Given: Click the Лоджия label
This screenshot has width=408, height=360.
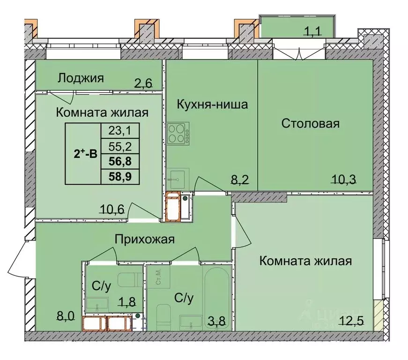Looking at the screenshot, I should click(x=80, y=78).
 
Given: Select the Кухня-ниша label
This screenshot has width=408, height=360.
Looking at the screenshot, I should click(x=212, y=104).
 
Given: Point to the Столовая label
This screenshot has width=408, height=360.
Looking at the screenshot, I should click(x=310, y=124).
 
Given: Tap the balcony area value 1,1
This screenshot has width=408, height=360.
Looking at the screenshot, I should click(x=314, y=32).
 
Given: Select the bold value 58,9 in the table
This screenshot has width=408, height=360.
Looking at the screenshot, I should click(x=120, y=177).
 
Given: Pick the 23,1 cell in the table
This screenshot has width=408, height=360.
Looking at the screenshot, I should click(x=120, y=129).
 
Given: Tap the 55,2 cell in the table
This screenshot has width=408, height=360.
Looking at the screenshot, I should click(x=120, y=146).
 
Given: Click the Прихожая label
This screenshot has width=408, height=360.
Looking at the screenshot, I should click(x=145, y=240).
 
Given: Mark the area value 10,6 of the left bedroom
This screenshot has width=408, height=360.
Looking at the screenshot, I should click(x=112, y=209).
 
